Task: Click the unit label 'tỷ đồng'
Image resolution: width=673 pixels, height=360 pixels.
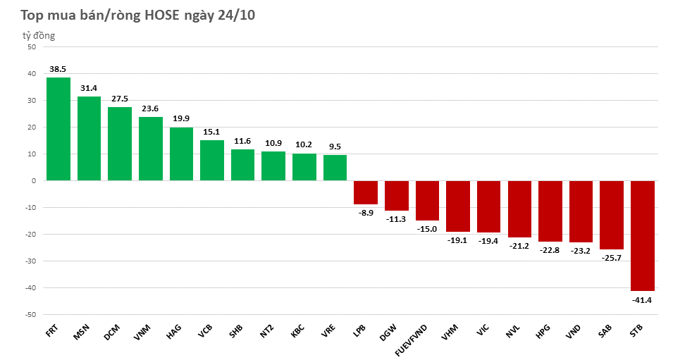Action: tap(38, 35)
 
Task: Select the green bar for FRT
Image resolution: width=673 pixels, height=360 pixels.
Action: tap(58, 129)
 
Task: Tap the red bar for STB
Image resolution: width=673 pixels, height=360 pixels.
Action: tap(642, 235)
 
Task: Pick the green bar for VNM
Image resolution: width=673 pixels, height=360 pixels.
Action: tap(150, 149)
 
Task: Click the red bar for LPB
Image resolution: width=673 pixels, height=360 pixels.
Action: tap(365, 192)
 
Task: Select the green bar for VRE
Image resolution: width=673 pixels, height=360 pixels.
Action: tap(335, 168)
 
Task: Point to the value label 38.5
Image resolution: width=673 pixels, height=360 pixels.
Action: tap(58, 69)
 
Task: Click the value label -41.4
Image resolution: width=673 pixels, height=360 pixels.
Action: tap(642, 299)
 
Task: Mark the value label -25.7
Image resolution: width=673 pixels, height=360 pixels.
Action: tap(611, 258)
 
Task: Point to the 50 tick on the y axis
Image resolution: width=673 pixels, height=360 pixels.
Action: tap(31, 47)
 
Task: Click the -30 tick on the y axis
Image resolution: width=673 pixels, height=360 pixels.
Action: tap(30, 261)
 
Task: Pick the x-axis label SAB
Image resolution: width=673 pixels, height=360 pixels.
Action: tap(607, 332)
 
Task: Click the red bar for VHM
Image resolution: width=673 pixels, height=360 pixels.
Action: tap(457, 206)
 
